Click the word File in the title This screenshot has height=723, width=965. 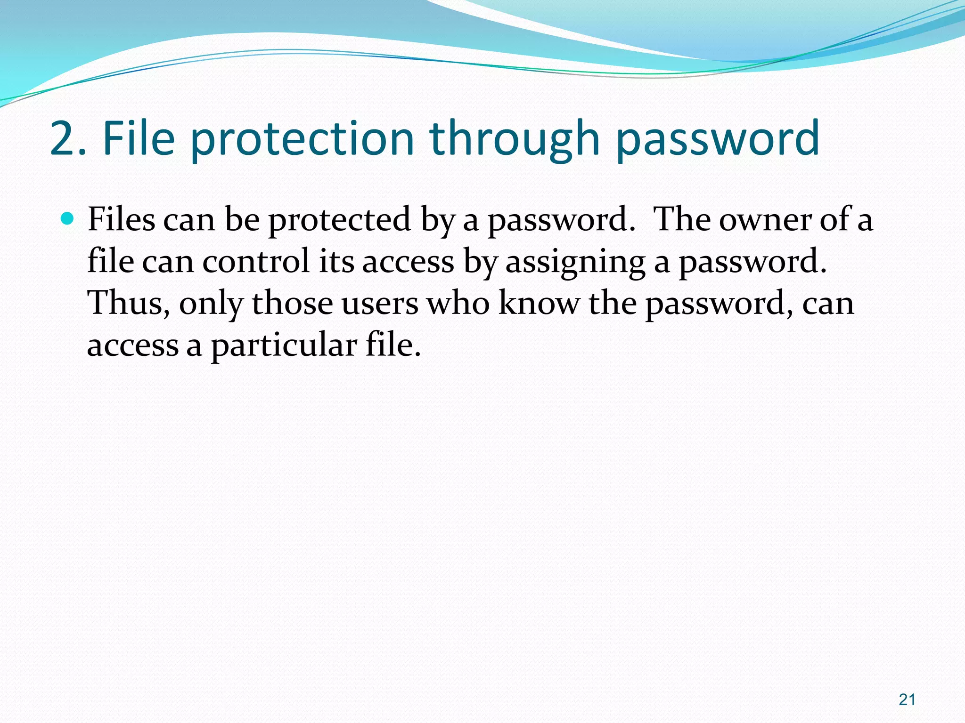point(139,138)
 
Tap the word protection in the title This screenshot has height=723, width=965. point(302,139)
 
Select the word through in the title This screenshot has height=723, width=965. point(514,139)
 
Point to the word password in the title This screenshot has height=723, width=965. point(718,139)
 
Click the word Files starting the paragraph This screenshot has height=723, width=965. point(121,219)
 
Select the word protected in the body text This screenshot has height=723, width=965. point(339,220)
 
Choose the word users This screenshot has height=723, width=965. point(380,304)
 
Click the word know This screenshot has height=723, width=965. point(539,303)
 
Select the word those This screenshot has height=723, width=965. point(292,303)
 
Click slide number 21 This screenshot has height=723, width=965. point(907,700)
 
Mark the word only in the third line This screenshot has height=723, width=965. point(211,304)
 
